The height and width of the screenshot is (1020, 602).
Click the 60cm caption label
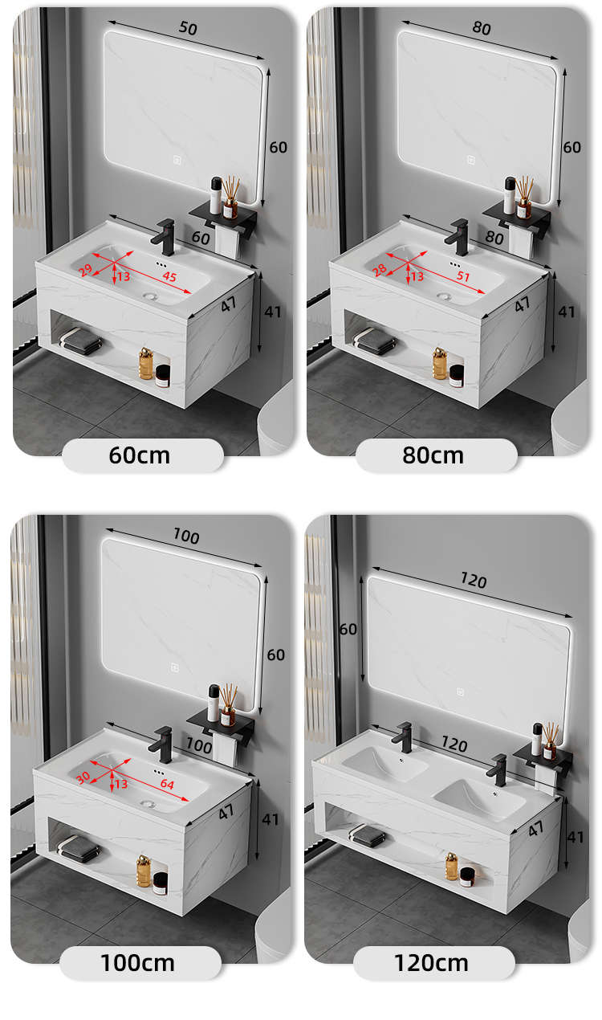pos(139,455)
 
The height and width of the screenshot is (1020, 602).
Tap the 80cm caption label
pos(433,455)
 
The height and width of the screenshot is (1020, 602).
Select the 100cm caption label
pos(137,963)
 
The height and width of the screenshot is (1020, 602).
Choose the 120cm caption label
pos(431,963)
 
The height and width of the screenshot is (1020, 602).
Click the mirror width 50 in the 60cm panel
pos(188,28)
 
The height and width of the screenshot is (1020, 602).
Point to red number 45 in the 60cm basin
pos(169,276)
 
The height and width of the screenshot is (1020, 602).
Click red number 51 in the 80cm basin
pos(463,276)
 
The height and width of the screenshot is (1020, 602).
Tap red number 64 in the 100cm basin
pos(167,784)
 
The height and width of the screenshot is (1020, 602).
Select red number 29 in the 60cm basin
pos(85,270)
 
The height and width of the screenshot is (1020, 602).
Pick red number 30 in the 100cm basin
pos(83,777)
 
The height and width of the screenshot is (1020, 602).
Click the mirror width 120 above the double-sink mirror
pos(474,580)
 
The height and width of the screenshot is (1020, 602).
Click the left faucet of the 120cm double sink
pos(403,736)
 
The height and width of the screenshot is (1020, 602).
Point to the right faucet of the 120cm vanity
pos(498,769)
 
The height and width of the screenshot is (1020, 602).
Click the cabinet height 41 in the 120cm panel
pos(576,837)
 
